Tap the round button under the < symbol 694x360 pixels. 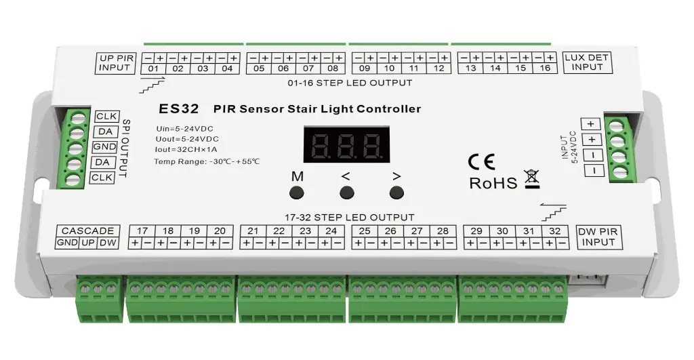[346, 193]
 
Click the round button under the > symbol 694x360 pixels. [396, 193]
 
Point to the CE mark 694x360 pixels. [482, 161]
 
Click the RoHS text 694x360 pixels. [493, 183]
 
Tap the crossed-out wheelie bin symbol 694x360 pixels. [531, 180]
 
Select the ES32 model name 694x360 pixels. [177, 108]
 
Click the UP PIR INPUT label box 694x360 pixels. [115, 62]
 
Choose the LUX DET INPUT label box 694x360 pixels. [587, 62]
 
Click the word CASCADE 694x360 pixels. [87, 231]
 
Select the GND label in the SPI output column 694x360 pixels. [105, 147]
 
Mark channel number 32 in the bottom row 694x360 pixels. [555, 231]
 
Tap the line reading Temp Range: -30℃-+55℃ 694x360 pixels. [207, 161]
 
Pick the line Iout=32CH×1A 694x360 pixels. [182, 149]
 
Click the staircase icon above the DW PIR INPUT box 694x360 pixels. [554, 211]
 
